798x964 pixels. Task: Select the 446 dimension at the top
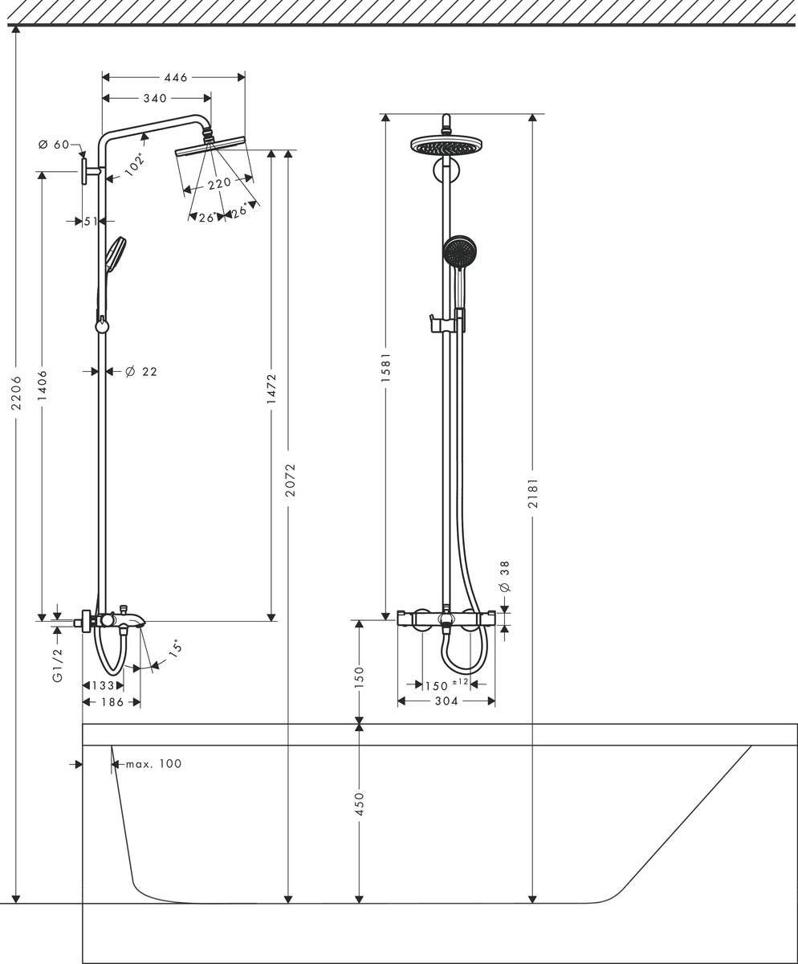[175, 78]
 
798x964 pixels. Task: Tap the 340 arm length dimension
[154, 98]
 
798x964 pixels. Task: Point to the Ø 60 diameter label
[54, 145]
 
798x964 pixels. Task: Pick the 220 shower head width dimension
[218, 183]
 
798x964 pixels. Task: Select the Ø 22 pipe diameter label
[140, 371]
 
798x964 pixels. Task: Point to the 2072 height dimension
[290, 480]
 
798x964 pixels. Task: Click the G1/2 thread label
[57, 666]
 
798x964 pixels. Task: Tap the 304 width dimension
[446, 701]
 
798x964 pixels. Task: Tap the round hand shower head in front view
[460, 251]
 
